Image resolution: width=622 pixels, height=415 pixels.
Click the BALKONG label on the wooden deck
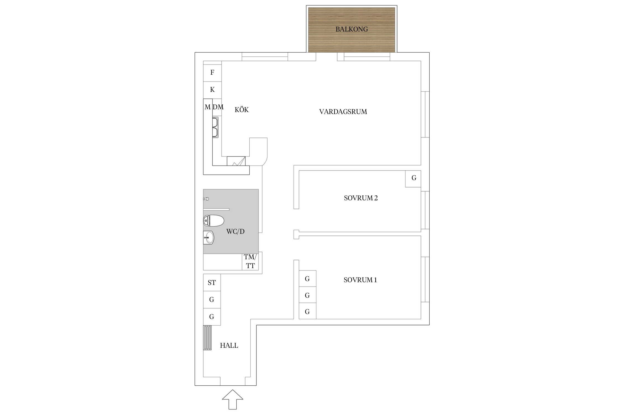[x=351, y=29]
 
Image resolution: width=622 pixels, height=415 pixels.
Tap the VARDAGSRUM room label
[x=343, y=112]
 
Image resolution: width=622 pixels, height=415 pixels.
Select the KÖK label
[x=242, y=110]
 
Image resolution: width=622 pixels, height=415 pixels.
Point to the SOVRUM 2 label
[x=361, y=198]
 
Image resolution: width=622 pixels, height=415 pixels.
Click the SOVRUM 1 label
[x=360, y=280]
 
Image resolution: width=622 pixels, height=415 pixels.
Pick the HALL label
[x=229, y=346]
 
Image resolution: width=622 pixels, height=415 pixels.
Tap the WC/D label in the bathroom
[x=236, y=232]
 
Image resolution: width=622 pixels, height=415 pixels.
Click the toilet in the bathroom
[x=213, y=221]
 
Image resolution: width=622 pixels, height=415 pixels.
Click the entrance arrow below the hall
[x=232, y=399]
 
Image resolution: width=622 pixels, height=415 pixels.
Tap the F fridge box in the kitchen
[x=212, y=73]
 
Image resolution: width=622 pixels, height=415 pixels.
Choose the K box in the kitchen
[x=212, y=90]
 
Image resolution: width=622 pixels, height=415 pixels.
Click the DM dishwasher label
[x=218, y=107]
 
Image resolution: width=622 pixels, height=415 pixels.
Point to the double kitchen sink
[x=215, y=127]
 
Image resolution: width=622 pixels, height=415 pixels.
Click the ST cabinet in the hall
[x=212, y=282]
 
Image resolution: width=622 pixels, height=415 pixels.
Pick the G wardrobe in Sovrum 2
[x=413, y=179]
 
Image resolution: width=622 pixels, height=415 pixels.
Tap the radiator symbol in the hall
[x=207, y=338]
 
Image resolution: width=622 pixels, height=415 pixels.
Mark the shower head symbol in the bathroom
[x=206, y=199]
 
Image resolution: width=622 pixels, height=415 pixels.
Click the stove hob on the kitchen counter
[x=236, y=161]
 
